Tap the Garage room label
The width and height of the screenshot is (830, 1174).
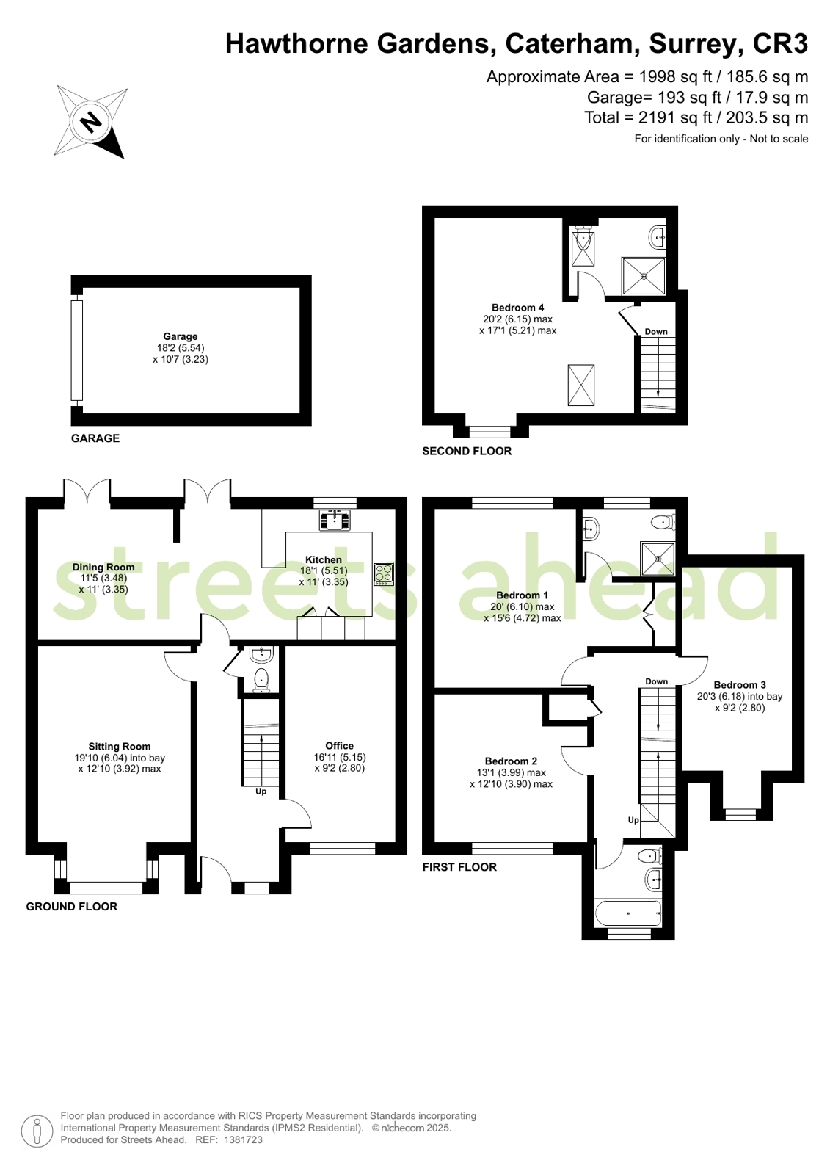[181, 336]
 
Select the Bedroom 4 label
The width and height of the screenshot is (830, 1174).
[517, 308]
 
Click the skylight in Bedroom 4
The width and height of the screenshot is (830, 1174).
[581, 385]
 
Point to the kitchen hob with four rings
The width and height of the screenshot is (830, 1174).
[384, 573]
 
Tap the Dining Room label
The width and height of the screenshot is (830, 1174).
[103, 567]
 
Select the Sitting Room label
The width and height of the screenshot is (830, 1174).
[120, 747]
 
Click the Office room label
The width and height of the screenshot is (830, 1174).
[340, 745]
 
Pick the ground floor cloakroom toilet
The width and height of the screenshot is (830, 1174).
[261, 681]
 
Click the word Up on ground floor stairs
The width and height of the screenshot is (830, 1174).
[261, 791]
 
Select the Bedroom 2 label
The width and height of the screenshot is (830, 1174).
[511, 761]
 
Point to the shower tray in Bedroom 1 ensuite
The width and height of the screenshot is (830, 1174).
[658, 558]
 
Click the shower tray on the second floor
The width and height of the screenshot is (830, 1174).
[644, 275]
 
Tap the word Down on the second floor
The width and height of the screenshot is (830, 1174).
[656, 331]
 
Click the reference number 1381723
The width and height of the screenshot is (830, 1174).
[243, 1139]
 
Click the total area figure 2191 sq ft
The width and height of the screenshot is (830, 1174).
[675, 117]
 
